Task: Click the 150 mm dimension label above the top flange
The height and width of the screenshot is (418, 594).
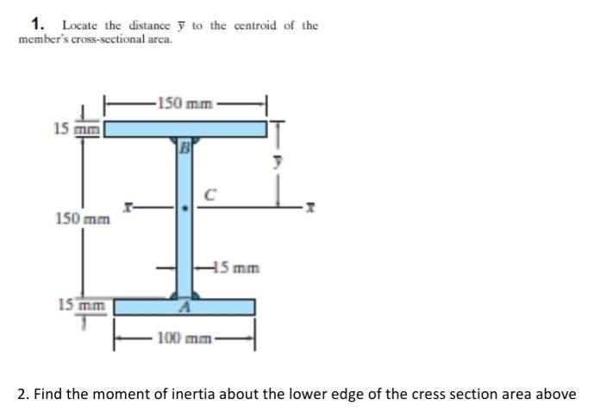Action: tap(185, 104)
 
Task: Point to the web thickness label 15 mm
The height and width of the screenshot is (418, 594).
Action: tap(241, 267)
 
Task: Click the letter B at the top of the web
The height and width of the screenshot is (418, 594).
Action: tap(184, 147)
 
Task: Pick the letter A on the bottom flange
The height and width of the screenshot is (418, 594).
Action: tap(183, 307)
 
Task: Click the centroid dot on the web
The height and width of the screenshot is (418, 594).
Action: tap(184, 208)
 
